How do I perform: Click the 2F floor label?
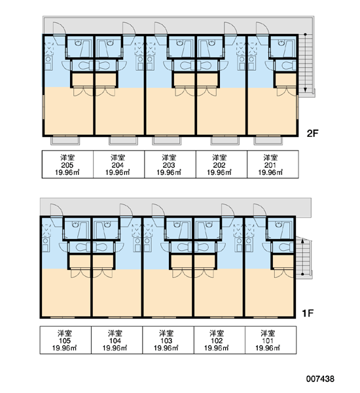312,134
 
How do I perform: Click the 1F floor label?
308,313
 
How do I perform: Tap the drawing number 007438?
320,379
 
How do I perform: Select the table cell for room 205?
67,164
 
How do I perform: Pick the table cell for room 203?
170,164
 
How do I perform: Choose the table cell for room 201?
273,164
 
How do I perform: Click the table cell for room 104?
117,340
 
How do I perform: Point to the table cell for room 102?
219,340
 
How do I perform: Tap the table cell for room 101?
271,340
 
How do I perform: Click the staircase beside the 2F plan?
306,65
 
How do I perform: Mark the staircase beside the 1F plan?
304,257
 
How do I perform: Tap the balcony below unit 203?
167,140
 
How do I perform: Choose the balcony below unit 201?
268,140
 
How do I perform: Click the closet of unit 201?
286,80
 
